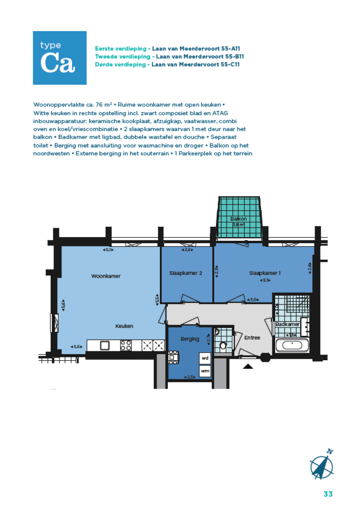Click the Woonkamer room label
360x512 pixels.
pyautogui.click(x=105, y=276)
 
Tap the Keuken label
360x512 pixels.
pyautogui.click(x=125, y=326)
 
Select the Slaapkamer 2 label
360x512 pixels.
pyautogui.click(x=186, y=273)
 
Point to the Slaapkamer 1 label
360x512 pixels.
pyautogui.click(x=265, y=273)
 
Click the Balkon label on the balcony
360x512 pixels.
pyautogui.click(x=239, y=219)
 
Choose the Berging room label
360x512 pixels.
pyautogui.click(x=190, y=339)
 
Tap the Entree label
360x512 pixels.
pyautogui.click(x=252, y=337)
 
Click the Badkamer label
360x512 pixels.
pyautogui.click(x=287, y=325)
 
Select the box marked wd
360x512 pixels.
pyautogui.click(x=205, y=358)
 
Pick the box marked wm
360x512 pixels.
pyautogui.click(x=205, y=371)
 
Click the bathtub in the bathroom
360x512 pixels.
pyautogui.click(x=292, y=346)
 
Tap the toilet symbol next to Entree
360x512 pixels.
pyautogui.click(x=223, y=346)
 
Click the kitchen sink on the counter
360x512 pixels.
pyautogui.click(x=105, y=346)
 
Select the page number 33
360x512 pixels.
pyautogui.click(x=328, y=494)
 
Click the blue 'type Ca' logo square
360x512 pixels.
pyautogui.click(x=60, y=58)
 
